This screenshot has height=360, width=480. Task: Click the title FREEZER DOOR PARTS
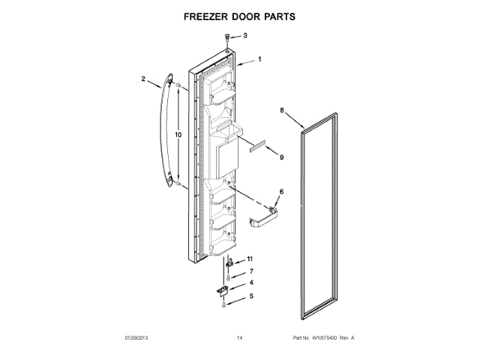[x=239, y=16]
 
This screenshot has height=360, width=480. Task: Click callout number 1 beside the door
[x=259, y=59]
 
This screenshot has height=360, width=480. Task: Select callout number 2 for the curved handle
[x=143, y=77]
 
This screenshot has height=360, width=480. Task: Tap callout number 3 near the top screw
[x=244, y=35]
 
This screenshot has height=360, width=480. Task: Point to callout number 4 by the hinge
[x=251, y=283]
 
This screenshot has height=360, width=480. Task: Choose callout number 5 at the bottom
[x=251, y=297]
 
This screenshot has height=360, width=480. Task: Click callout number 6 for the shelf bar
[x=281, y=193]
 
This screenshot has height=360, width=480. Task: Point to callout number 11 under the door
[x=251, y=258]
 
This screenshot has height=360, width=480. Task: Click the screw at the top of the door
[x=227, y=37]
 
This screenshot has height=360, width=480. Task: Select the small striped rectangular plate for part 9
[x=259, y=148]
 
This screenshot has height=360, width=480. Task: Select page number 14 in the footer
[x=240, y=338]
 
